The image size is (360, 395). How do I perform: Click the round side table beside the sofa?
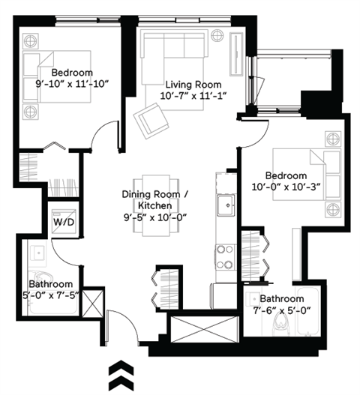pyautogui.click(x=217, y=35)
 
